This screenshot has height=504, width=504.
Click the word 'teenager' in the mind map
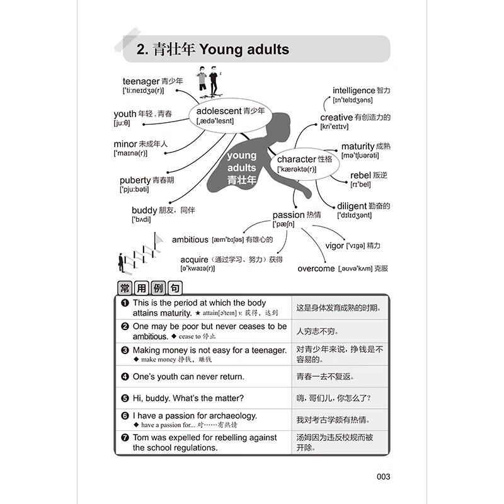pyautogui.click(x=140, y=81)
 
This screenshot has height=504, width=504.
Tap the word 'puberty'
pyautogui.click(x=135, y=180)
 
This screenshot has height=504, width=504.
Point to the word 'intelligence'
pyautogui.click(x=353, y=91)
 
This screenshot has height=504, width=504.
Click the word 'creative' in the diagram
pyautogui.click(x=336, y=117)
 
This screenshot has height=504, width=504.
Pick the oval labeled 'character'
pyautogui.click(x=304, y=164)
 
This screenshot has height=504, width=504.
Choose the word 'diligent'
pyautogui.click(x=352, y=206)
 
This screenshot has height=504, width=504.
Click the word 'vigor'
pyautogui.click(x=334, y=246)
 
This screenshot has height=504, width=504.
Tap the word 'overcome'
pyautogui.click(x=316, y=268)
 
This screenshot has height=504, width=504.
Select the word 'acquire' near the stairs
pyautogui.click(x=193, y=260)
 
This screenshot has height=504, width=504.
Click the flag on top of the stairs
pyautogui.click(x=158, y=239)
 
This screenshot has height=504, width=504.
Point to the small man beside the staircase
pyautogui.click(x=120, y=261)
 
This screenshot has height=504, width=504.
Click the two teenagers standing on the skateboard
pyautogui.click(x=207, y=83)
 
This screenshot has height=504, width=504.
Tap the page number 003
pyautogui.click(x=383, y=477)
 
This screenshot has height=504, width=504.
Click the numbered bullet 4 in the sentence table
pyautogui.click(x=125, y=377)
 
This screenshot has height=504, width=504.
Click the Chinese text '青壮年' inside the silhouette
pyautogui.click(x=242, y=180)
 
